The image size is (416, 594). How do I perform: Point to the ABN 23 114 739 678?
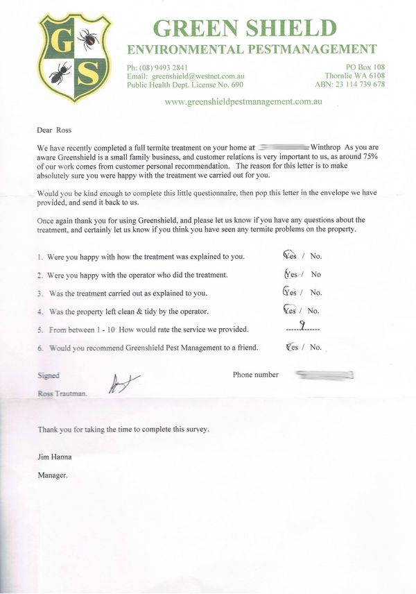pyautogui.click(x=360, y=85)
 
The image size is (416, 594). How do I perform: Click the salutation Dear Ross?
pyautogui.click(x=55, y=130)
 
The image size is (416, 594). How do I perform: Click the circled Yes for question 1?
pyautogui.click(x=291, y=256)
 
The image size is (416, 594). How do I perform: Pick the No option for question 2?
pyautogui.click(x=316, y=274)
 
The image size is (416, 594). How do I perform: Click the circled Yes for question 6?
pyautogui.click(x=292, y=347)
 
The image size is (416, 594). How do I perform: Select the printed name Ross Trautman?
pyautogui.click(x=63, y=393)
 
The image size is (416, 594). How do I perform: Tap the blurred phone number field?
pyautogui.click(x=325, y=375)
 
